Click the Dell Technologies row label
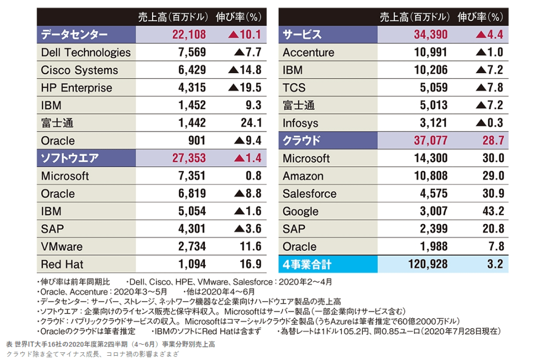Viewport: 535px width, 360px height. [x=86, y=53]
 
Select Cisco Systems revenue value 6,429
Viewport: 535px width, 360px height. [x=192, y=71]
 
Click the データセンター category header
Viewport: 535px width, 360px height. [x=74, y=35]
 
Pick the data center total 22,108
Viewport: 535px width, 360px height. [x=189, y=35]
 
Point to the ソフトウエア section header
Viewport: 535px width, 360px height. [x=70, y=158]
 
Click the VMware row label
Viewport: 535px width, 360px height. [x=62, y=247]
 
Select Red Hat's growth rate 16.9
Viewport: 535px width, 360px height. [x=251, y=264]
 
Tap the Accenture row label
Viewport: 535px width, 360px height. [x=308, y=53]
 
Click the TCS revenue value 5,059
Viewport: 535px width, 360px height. [x=434, y=88]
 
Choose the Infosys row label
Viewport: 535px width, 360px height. [x=300, y=123]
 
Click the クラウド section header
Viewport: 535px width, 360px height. [x=302, y=141]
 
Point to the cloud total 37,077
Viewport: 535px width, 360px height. [x=430, y=141]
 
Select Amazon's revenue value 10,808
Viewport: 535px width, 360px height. [x=430, y=176]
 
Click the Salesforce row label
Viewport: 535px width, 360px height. [x=310, y=194]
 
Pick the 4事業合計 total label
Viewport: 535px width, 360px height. [x=307, y=264]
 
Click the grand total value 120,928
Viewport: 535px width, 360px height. [x=428, y=264]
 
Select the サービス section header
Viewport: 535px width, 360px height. [x=302, y=35]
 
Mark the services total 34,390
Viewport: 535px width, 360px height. [x=430, y=35]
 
